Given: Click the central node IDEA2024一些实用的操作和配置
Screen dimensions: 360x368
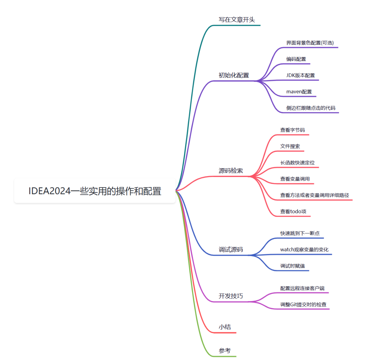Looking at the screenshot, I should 95,191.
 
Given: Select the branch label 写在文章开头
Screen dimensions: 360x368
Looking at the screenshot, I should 236,20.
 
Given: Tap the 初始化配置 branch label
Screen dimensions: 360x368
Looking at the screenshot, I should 234,75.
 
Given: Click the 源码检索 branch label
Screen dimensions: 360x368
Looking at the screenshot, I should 231,171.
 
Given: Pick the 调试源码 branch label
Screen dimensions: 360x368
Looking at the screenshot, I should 231,249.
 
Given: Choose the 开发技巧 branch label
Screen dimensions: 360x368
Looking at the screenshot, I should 231,296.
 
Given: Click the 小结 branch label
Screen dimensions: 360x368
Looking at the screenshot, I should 225,327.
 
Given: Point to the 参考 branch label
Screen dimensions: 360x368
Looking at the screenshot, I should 225,351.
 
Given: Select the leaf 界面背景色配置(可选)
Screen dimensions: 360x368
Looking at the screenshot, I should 310,43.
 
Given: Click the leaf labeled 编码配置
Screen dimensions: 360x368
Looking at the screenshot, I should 296,59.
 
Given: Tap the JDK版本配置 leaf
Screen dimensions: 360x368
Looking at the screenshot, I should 301,75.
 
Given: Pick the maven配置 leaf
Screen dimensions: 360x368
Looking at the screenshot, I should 299,92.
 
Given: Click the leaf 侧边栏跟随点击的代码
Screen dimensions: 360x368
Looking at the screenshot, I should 311,108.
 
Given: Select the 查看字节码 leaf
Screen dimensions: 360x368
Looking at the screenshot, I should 292,130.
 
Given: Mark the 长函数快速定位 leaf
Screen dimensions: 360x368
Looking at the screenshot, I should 297,162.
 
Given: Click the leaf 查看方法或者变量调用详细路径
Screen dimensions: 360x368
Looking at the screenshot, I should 315,195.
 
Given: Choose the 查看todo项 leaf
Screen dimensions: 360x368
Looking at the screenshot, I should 293,212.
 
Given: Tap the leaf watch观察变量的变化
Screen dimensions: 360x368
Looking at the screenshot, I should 304,250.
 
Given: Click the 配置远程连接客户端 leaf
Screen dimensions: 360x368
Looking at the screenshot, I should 302,288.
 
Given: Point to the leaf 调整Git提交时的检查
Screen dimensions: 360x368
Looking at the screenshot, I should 303,304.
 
